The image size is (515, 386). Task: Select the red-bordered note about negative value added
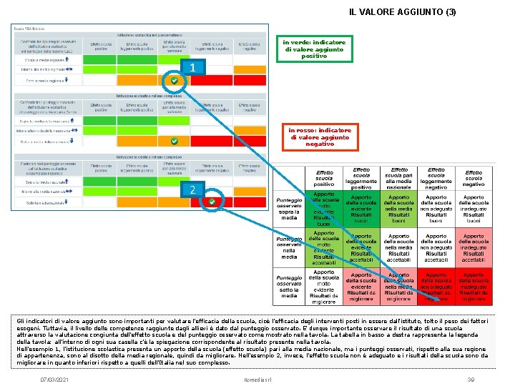(x=320, y=137)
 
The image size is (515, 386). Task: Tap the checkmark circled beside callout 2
(x=212, y=203)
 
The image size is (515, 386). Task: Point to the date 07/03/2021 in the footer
(x=56, y=378)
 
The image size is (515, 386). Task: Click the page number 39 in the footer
(x=471, y=378)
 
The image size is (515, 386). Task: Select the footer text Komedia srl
(x=257, y=378)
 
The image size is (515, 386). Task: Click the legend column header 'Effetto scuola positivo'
(x=324, y=178)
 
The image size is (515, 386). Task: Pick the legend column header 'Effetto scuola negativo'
(x=474, y=178)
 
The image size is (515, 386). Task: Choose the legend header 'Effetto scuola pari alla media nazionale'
(x=398, y=178)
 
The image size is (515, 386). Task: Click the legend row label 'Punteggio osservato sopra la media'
(x=289, y=209)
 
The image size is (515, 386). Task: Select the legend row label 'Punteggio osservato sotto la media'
(x=289, y=286)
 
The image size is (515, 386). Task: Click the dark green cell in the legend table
(x=324, y=209)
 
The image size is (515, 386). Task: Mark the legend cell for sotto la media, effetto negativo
(x=474, y=286)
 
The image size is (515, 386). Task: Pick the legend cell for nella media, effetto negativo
(x=474, y=247)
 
